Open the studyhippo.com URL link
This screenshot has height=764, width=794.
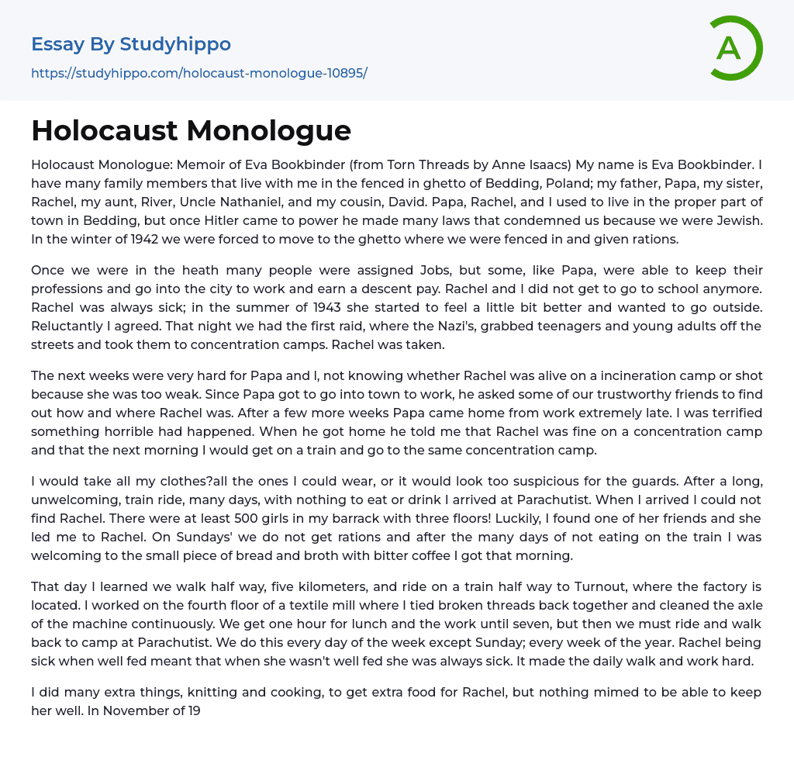click(x=198, y=74)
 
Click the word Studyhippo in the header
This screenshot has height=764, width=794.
click(x=175, y=44)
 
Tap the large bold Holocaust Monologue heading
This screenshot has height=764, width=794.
click(x=191, y=130)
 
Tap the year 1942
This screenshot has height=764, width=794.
click(x=144, y=239)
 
